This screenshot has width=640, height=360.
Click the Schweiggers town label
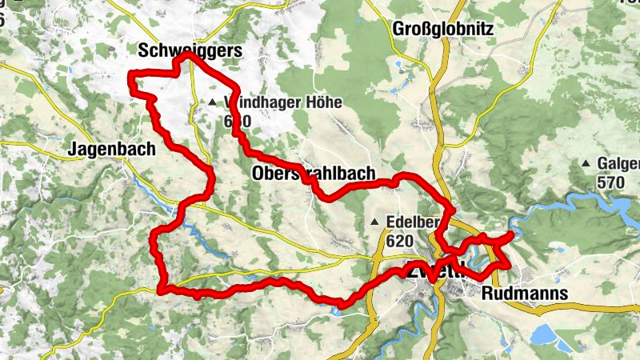pyautogui.click(x=189, y=52)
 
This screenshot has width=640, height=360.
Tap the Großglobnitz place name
pyautogui.click(x=444, y=30)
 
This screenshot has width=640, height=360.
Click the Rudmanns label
pyautogui.click(x=526, y=294)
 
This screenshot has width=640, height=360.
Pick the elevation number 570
pyautogui.click(x=610, y=182)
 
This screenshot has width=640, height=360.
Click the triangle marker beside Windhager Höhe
pyautogui.click(x=212, y=102)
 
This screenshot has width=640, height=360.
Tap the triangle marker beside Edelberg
pyautogui.click(x=374, y=222)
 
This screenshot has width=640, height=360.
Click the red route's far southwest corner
pyautogui.click(x=163, y=290)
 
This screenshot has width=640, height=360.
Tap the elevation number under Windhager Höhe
pyautogui.click(x=238, y=121)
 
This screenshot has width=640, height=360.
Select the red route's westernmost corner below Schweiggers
pyautogui.click(x=132, y=75)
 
